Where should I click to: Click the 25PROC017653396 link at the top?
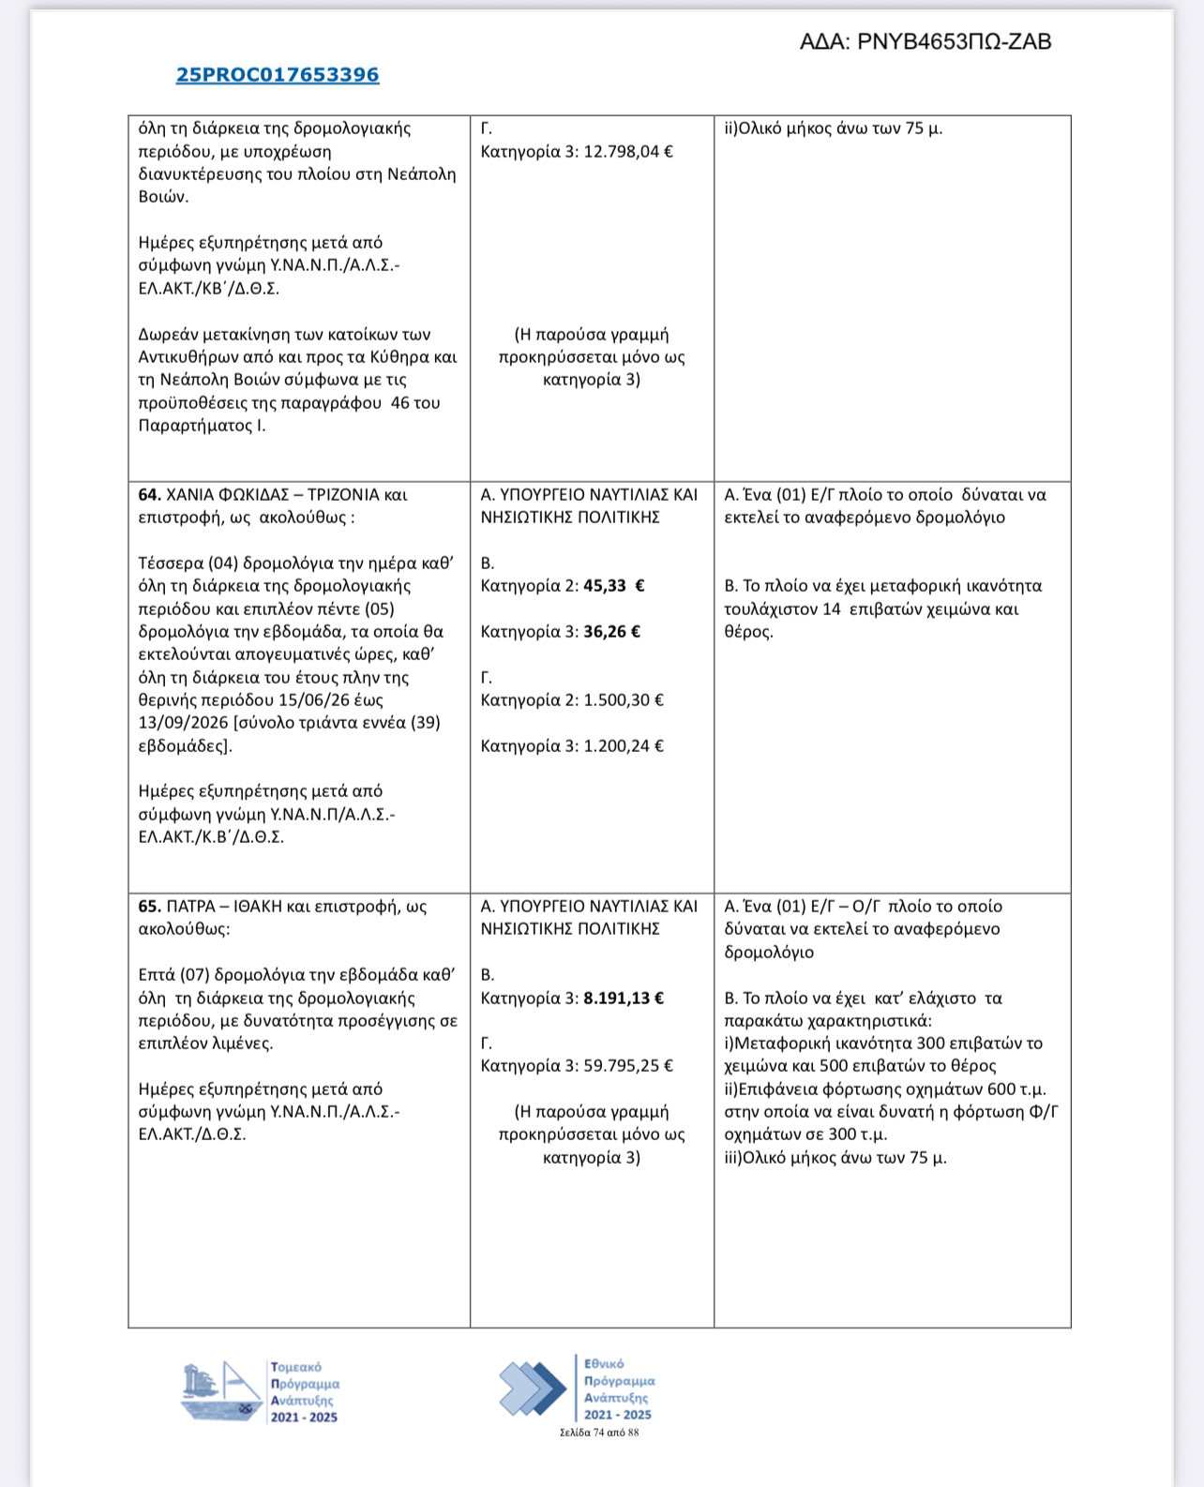pos(278,75)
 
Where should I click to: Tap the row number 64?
pos(149,494)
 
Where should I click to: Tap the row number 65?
pos(149,907)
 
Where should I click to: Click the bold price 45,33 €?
pos(613,586)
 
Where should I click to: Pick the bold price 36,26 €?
pos(611,632)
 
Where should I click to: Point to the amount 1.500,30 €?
pos(623,700)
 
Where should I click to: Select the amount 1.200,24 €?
pos(623,746)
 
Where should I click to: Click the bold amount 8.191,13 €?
pos(623,999)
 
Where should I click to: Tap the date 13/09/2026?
pos(183,723)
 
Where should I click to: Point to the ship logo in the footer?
pos(221,1391)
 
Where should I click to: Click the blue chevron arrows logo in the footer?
pos(533,1388)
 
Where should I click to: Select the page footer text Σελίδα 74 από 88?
pos(599,1433)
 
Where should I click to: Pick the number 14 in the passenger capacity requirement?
pos(831,609)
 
